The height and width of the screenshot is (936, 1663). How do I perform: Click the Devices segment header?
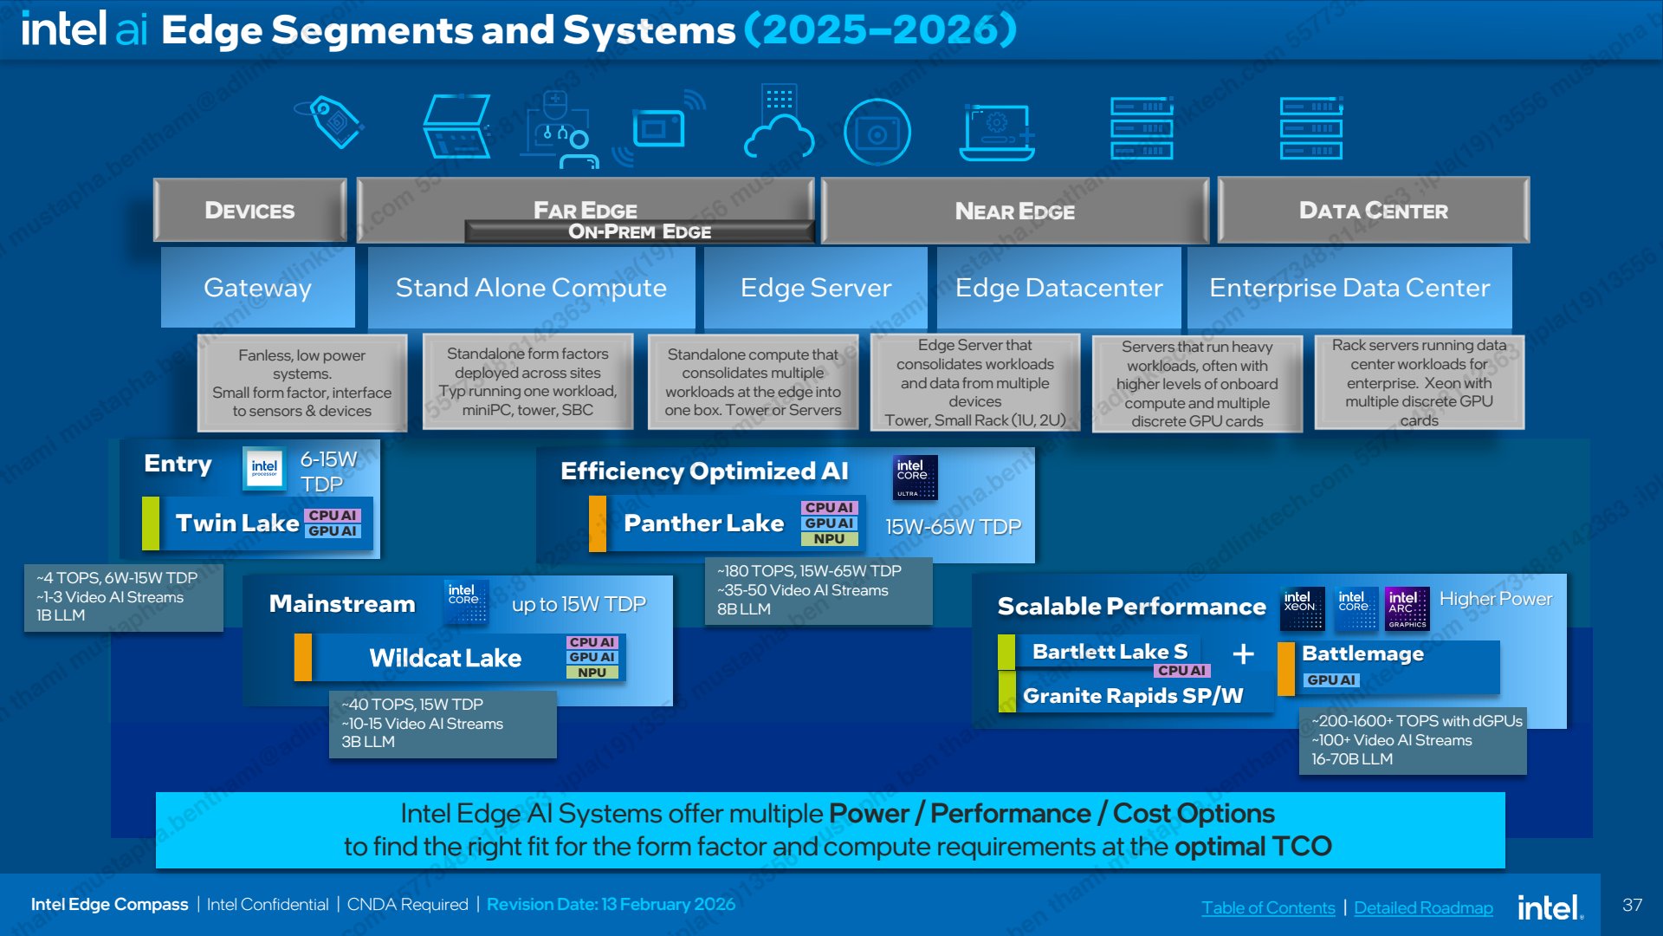[249, 210]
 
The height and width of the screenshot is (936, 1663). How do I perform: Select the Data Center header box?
[1373, 210]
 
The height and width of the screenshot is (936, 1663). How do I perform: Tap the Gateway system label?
[257, 287]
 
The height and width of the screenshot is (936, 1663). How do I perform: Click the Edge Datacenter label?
[1058, 287]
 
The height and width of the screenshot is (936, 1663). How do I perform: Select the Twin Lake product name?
[237, 523]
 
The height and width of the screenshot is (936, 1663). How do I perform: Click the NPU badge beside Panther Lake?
[829, 539]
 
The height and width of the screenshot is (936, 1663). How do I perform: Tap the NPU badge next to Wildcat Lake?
[592, 673]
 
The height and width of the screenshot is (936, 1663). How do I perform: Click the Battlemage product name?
[1362, 653]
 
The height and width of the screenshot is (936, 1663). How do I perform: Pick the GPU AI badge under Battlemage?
[1331, 680]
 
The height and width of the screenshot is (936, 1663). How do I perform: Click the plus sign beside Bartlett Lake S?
[1243, 653]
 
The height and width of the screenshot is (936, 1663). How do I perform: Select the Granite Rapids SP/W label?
[1133, 695]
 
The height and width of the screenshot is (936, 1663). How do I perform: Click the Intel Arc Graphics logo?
[1407, 608]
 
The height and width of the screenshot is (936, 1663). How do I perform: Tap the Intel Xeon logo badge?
[1302, 608]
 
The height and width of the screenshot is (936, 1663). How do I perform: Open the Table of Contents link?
[1268, 907]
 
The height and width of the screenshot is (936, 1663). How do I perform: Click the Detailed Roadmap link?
[1423, 907]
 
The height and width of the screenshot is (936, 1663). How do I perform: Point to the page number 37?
[1632, 905]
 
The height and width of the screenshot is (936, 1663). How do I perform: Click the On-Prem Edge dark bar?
[639, 231]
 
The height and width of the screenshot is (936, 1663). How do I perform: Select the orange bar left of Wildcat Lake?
[303, 657]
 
